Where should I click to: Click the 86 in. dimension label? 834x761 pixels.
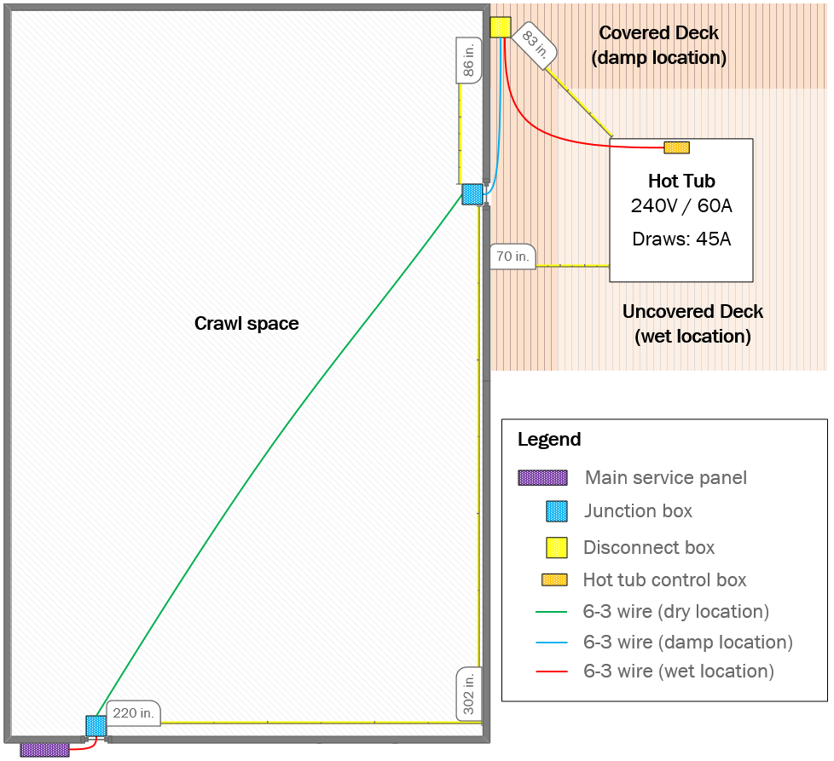click(468, 60)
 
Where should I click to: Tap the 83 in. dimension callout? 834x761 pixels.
click(536, 43)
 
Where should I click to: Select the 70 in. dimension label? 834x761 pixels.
click(513, 256)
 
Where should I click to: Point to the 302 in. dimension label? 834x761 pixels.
click(469, 693)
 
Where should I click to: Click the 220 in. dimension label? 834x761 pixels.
click(133, 713)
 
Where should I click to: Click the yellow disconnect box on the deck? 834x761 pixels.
click(501, 27)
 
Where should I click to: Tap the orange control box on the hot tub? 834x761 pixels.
click(676, 147)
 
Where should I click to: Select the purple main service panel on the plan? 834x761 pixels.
click(44, 749)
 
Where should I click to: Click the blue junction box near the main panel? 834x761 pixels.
click(96, 726)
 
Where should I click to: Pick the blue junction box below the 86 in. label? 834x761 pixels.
click(472, 194)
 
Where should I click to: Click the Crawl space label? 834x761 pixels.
click(246, 324)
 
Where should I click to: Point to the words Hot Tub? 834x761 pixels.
click(681, 181)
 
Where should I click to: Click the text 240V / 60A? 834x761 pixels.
click(681, 206)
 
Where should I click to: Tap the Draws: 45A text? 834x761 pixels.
click(681, 239)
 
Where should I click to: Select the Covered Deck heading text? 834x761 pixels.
click(658, 33)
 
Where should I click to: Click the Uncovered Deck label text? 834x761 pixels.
click(692, 312)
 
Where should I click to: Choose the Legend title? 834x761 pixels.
click(549, 440)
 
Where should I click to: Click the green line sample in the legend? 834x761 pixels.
click(551, 612)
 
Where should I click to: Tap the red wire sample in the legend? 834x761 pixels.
click(551, 672)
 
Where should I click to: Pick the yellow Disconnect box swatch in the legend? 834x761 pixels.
click(556, 547)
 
